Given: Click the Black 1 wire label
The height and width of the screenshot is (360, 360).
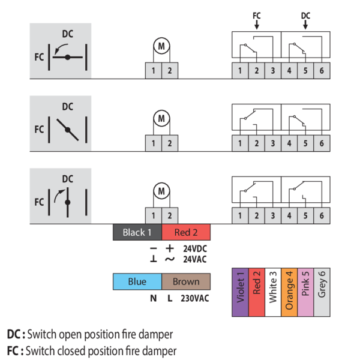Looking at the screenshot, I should pos(137,232).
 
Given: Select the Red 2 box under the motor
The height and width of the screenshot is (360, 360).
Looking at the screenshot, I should pos(187,232).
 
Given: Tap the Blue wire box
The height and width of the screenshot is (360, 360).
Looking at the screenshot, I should pos(137,281).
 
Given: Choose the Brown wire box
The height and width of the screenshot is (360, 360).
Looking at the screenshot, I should pos(186,281).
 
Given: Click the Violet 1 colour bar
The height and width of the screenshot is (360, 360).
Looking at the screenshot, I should pos(240,292).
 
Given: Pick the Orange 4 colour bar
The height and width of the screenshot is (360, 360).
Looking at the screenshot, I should pos(289,292).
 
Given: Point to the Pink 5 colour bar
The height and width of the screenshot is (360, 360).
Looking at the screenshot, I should pos(305,292).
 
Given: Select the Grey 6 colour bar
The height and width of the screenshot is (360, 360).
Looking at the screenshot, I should pos(322,292).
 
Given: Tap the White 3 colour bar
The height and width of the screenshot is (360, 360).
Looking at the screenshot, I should pos(273,292).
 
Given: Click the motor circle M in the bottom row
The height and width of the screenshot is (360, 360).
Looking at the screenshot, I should pos(161,191).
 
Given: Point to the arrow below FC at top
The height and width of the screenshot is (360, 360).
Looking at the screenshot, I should pos(257,25).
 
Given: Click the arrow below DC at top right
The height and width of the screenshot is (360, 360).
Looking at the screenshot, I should pos(305,25).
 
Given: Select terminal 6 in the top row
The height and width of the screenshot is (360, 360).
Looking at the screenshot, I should pos(322,70).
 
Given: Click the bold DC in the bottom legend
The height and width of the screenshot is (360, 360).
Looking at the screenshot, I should pos(14,334).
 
